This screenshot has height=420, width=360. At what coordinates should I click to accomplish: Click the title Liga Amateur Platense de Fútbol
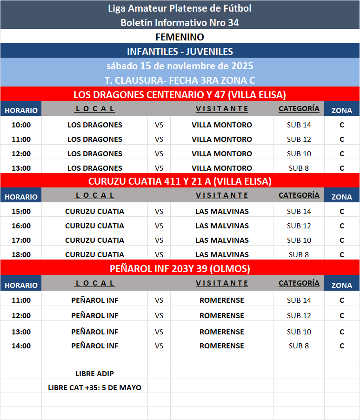(x=180, y=8)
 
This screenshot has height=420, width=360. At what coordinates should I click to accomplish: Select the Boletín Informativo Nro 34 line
(x=180, y=22)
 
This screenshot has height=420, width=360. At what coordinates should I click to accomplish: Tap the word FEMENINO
(x=180, y=37)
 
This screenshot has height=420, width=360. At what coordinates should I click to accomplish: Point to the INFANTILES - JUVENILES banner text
(x=180, y=51)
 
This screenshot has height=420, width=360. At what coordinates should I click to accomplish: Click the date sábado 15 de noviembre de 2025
(x=180, y=66)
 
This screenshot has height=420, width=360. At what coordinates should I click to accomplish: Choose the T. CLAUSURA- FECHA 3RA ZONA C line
(x=180, y=80)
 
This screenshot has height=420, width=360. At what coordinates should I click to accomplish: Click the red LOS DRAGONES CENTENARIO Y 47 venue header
(x=180, y=94)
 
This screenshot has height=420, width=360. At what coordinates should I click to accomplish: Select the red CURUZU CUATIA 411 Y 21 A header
(x=180, y=181)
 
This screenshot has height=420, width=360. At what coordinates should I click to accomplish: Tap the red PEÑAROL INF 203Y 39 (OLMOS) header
(x=180, y=268)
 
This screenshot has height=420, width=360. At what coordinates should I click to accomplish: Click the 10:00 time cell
(x=21, y=125)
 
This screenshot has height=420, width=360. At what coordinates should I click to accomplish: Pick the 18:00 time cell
(x=21, y=254)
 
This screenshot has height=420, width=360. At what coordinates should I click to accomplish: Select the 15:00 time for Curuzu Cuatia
(x=21, y=211)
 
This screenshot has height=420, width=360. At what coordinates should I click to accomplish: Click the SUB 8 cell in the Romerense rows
(x=299, y=346)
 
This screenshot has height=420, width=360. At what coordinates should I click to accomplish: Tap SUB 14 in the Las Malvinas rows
(x=299, y=211)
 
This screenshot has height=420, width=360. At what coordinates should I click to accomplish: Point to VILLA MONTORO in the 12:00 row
(x=222, y=153)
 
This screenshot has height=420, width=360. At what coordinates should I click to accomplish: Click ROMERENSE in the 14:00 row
(x=222, y=346)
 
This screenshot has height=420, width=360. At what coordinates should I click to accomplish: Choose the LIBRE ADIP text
(x=94, y=373)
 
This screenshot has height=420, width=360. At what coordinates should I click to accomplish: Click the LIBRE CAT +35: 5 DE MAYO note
(x=94, y=387)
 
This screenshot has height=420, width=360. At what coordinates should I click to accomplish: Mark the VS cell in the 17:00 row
(x=159, y=240)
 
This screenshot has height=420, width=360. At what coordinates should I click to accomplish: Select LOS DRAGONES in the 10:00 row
(x=95, y=125)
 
